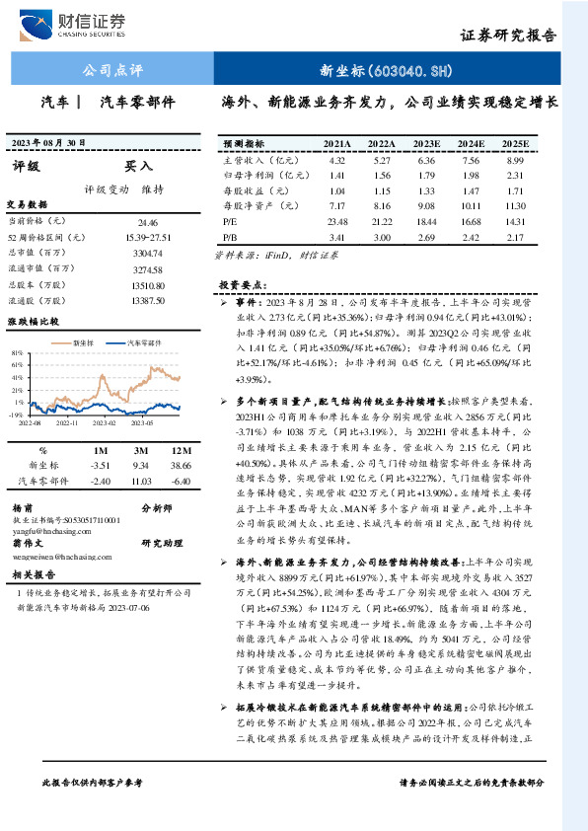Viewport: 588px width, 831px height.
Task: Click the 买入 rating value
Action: point(138,166)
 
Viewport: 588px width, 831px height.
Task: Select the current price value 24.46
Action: point(148,224)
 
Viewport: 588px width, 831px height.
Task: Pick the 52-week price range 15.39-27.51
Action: point(149,238)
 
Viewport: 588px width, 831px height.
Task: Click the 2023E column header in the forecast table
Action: point(425,143)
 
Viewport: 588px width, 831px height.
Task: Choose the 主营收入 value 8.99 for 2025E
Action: point(513,160)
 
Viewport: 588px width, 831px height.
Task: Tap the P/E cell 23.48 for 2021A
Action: point(337,221)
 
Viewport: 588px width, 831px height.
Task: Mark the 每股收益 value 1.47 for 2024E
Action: point(471,190)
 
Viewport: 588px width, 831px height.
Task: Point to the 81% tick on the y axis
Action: point(18,352)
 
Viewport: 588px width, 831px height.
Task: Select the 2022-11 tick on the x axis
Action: point(67,420)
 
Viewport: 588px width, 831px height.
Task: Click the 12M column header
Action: point(181,449)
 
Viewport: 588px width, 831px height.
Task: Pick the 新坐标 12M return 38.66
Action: point(181,464)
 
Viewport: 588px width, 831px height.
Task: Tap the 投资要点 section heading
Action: point(239,283)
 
